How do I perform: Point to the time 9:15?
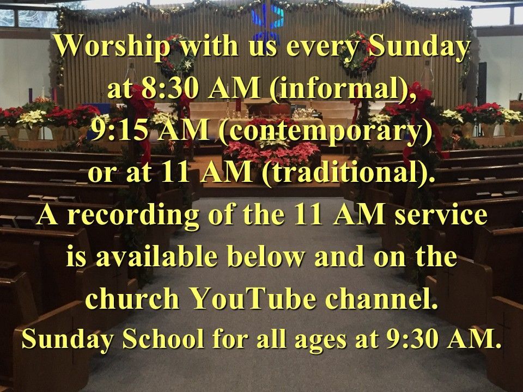click(119, 131)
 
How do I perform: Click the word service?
click(441, 215)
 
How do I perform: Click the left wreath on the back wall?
click(177, 57)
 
